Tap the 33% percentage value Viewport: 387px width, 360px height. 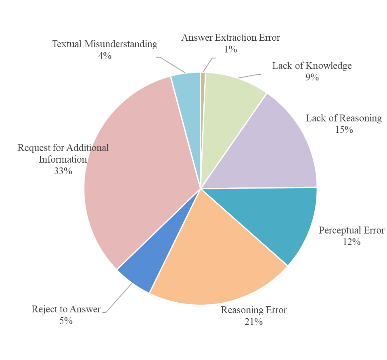tap(63, 171)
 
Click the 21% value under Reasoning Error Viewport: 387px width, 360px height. tap(253, 322)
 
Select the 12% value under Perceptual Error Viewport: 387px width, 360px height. tap(351, 242)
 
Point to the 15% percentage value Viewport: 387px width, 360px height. tap(343, 130)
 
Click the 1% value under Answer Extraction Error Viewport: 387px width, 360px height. tap(230, 49)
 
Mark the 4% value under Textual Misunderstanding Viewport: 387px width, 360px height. tap(105, 56)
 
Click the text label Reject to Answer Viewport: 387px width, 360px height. tap(66, 310)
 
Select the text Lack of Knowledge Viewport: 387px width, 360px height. tap(312, 65)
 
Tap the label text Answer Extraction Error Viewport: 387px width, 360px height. tap(230, 38)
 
